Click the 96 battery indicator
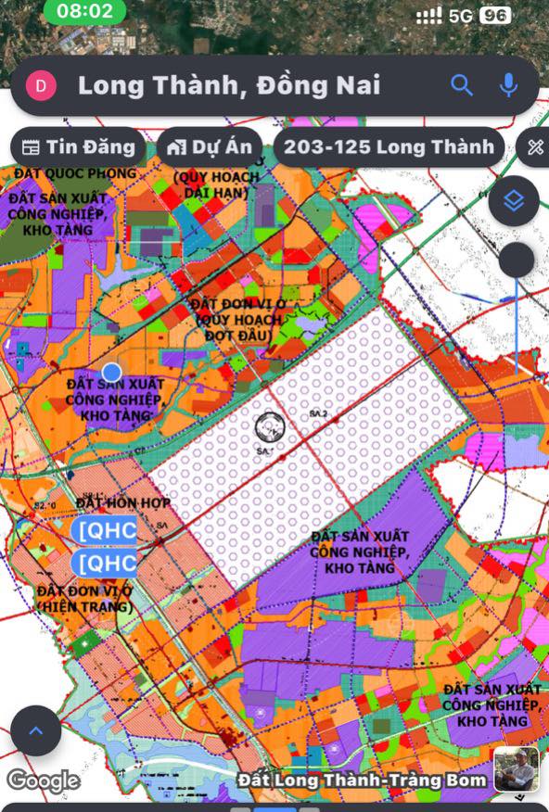[495, 16]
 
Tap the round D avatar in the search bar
[42, 86]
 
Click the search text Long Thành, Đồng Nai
[229, 86]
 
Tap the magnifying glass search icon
[462, 86]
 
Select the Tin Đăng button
[79, 147]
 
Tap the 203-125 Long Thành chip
[389, 147]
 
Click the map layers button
[514, 201]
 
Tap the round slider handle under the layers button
[517, 260]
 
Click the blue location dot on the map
[111, 371]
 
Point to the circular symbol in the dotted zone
[270, 427]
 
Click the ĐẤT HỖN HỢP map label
[120, 502]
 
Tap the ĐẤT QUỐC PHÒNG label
[74, 173]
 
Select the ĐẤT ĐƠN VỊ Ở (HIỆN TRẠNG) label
[84, 599]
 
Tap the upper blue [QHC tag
[104, 530]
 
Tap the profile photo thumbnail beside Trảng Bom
[516, 769]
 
